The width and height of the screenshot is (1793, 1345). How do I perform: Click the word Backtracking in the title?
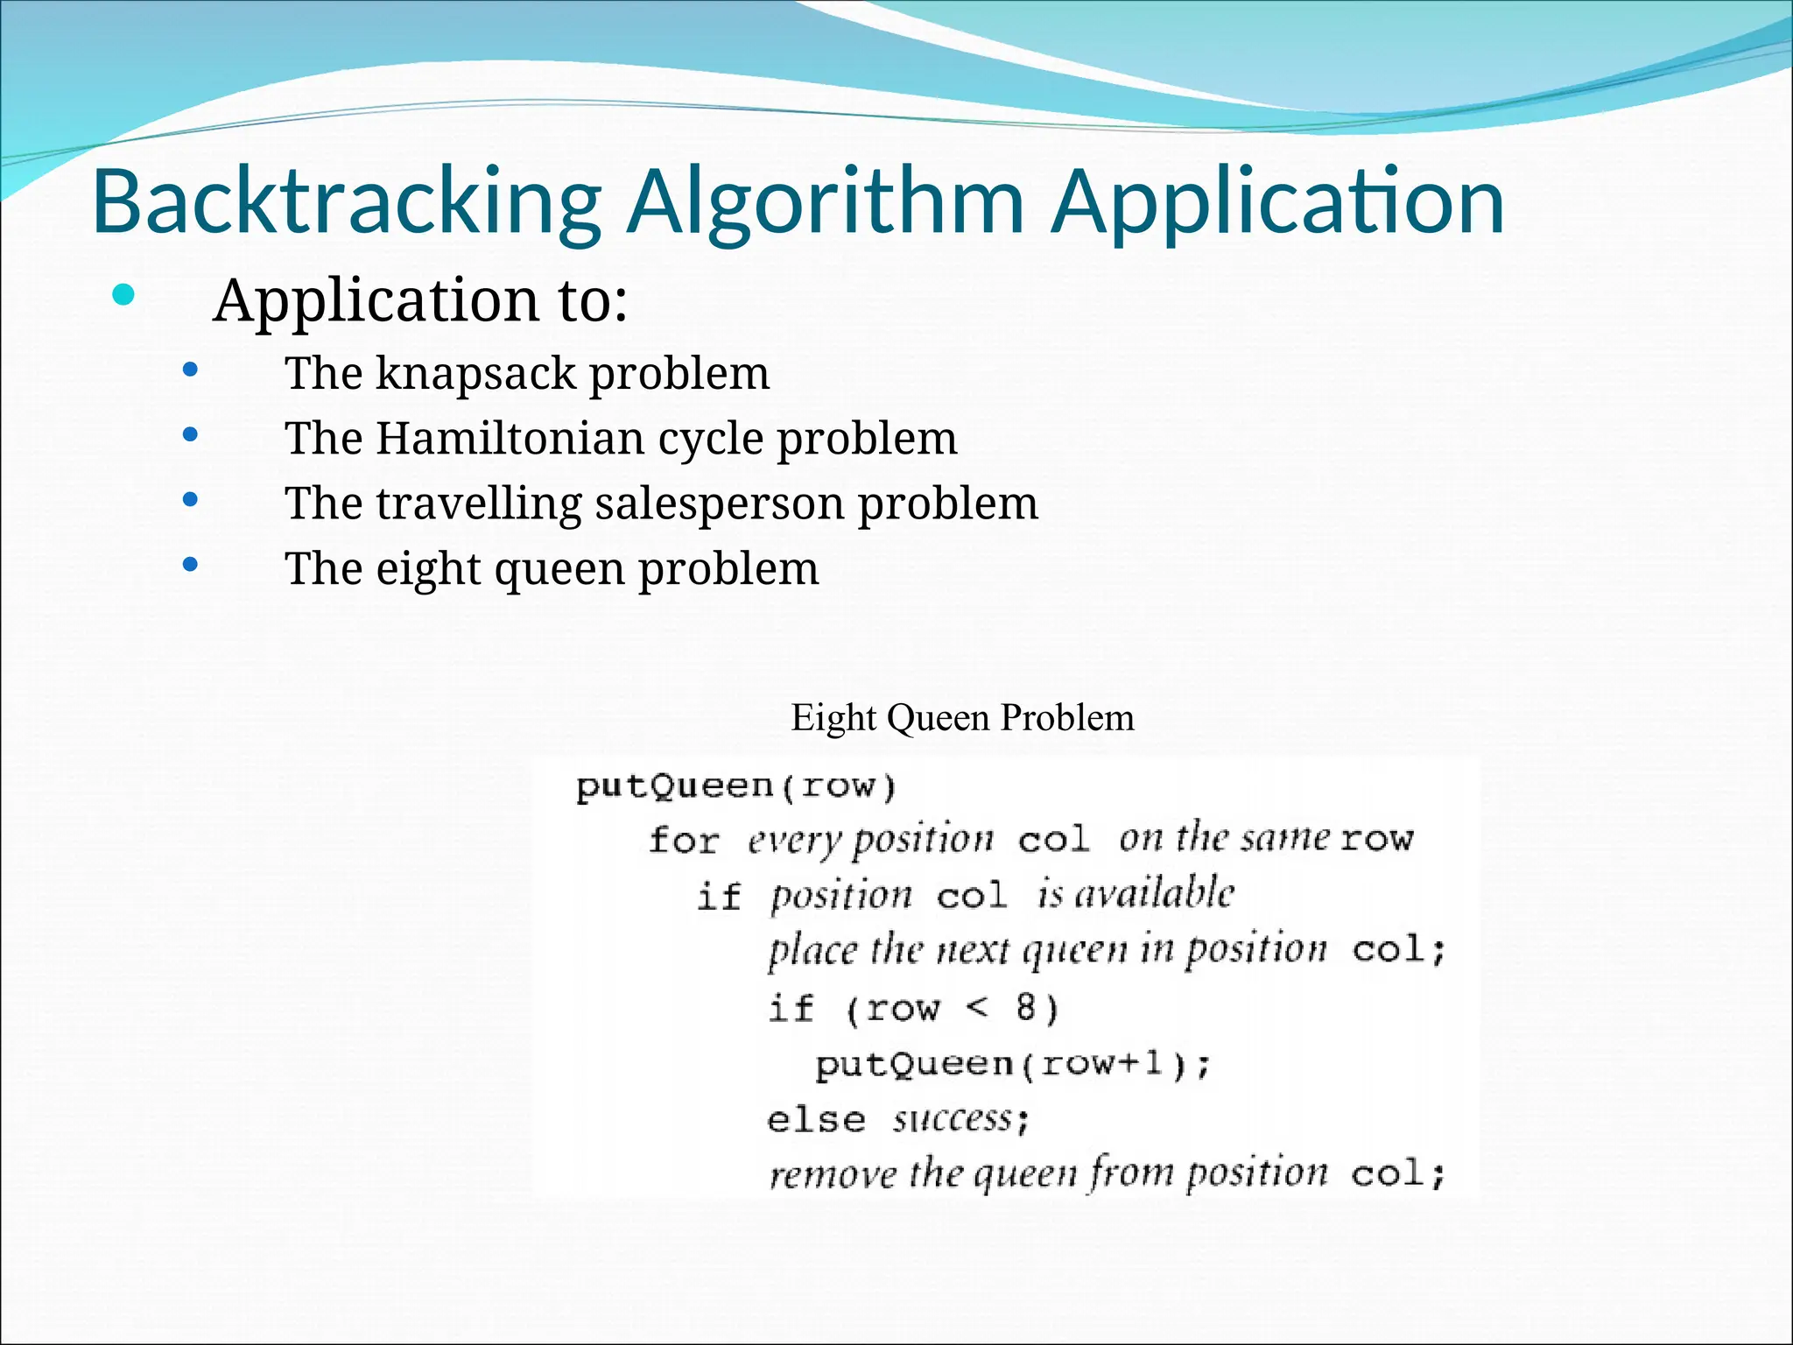tap(346, 203)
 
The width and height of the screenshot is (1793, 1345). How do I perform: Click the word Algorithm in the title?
tap(824, 203)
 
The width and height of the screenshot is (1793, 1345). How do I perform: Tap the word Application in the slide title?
tap(1276, 203)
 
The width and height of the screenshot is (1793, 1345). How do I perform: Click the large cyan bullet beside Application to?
tap(123, 295)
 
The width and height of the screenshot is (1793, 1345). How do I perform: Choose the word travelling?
tap(478, 503)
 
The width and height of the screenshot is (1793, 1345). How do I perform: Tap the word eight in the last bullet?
tap(428, 569)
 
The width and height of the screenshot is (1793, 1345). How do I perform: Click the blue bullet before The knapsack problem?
tap(190, 370)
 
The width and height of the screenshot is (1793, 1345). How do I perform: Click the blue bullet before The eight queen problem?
tap(190, 566)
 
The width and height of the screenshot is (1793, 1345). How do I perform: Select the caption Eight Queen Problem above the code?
tap(962, 718)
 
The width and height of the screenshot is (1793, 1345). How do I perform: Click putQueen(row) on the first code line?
tap(735, 785)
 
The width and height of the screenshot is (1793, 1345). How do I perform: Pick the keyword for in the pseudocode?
tap(684, 841)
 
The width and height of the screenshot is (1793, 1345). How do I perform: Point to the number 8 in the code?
tap(1027, 1008)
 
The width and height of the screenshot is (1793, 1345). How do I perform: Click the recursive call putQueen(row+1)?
tap(1012, 1064)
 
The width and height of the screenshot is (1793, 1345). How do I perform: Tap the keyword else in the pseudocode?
tap(816, 1120)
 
